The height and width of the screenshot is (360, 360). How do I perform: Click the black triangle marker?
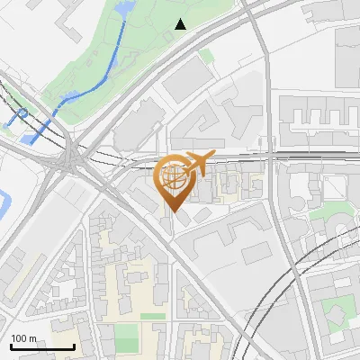pyautogui.click(x=181, y=23)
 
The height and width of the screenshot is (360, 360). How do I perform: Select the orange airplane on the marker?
pyautogui.click(x=199, y=163)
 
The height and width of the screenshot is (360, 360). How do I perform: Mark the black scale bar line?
pyautogui.click(x=42, y=347)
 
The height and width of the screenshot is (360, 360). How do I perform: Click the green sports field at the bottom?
pyautogui.click(x=127, y=338)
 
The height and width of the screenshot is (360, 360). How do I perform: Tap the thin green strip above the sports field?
pyautogui.click(x=153, y=316)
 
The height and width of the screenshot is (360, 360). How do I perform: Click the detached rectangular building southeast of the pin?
pyautogui.click(x=202, y=214)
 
